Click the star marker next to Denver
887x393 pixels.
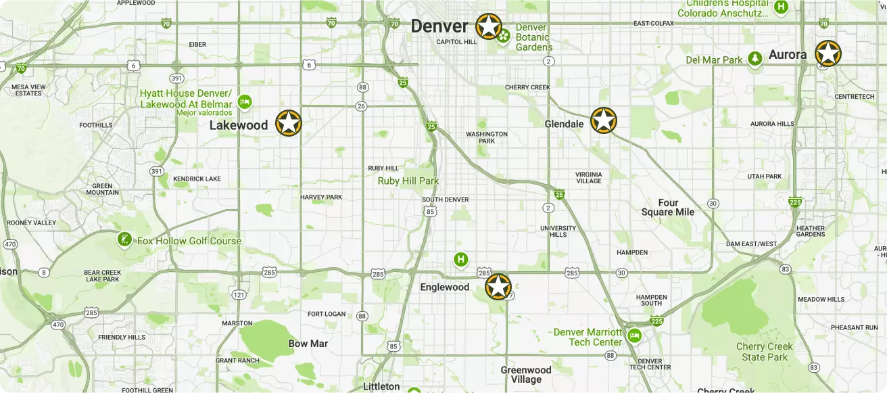click(x=488, y=26)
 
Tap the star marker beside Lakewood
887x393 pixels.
click(x=288, y=123)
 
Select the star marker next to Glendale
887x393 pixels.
click(x=603, y=120)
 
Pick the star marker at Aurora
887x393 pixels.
click(x=828, y=54)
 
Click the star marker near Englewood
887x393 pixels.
click(x=498, y=287)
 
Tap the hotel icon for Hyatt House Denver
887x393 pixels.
click(x=245, y=101)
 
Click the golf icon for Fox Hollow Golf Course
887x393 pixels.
click(x=124, y=239)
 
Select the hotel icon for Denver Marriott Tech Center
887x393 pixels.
click(x=633, y=335)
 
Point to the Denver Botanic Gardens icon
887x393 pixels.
click(x=503, y=34)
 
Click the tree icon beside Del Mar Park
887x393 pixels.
click(x=754, y=60)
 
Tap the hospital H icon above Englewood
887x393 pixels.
click(x=461, y=259)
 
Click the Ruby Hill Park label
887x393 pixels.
click(x=408, y=181)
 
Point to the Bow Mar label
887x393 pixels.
click(x=308, y=344)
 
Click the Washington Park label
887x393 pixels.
click(x=486, y=137)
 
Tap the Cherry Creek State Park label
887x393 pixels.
click(x=764, y=352)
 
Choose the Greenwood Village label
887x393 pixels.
click(x=526, y=375)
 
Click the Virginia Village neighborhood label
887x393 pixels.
click(x=588, y=177)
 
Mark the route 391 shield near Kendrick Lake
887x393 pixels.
click(x=157, y=171)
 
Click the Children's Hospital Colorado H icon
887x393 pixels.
click(x=781, y=7)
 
